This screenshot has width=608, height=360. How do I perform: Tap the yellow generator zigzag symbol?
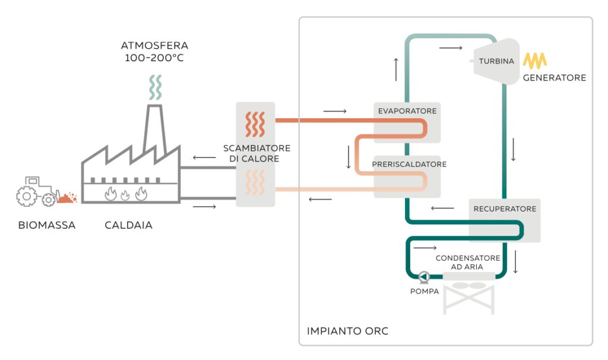tap(534, 61)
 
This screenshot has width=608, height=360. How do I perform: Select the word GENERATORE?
tap(554, 78)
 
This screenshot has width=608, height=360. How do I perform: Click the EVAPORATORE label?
tap(407, 111)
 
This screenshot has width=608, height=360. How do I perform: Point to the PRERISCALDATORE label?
tap(409, 164)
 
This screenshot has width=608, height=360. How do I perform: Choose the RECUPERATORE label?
tap(505, 209)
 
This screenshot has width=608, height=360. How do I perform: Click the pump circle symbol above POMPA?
tap(423, 277)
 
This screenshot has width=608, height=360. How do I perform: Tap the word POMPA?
tap(424, 292)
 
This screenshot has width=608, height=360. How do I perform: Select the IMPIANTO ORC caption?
tap(347, 331)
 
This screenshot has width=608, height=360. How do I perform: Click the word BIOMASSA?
tap(47, 226)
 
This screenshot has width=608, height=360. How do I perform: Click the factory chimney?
tap(153, 128)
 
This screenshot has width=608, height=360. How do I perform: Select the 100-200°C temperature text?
tap(154, 58)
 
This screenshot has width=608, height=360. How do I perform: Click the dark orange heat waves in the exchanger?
tap(255, 124)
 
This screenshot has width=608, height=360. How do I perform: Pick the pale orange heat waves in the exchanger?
tap(255, 182)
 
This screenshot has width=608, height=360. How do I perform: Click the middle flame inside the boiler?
tap(125, 194)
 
